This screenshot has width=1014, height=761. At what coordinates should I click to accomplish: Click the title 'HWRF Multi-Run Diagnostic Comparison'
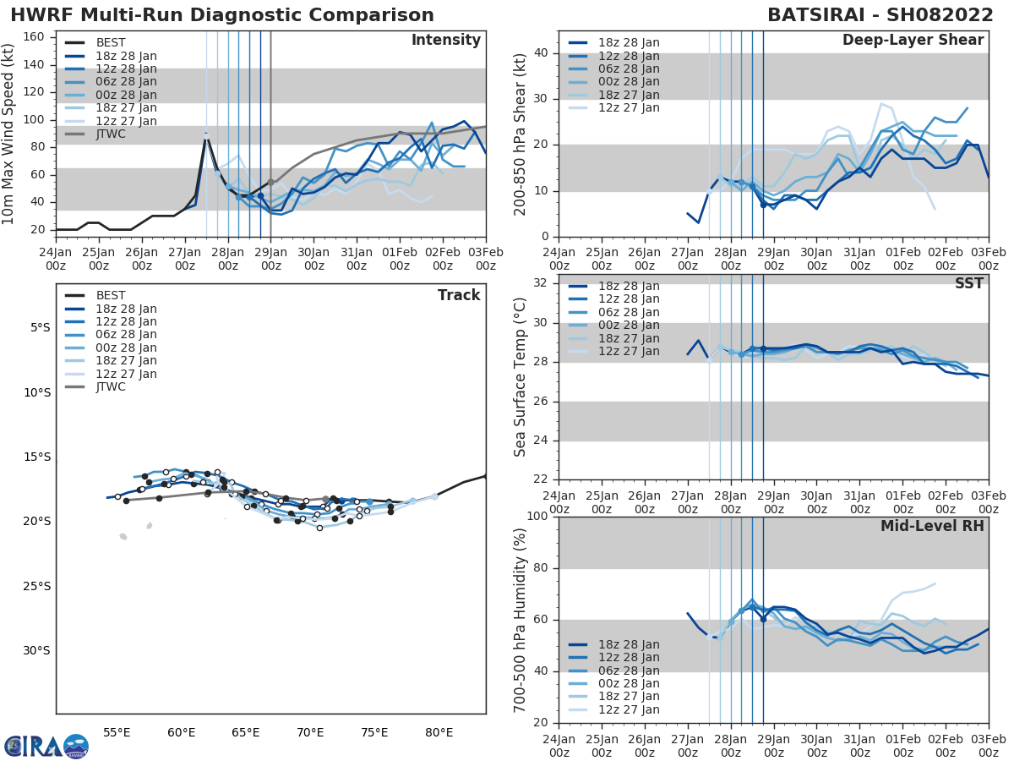pyautogui.click(x=222, y=15)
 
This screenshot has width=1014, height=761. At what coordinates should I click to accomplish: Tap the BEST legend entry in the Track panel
pyautogui.click(x=111, y=296)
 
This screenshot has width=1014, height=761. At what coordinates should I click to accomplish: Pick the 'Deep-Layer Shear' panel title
pyautogui.click(x=913, y=41)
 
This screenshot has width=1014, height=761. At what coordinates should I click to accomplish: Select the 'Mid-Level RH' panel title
pyautogui.click(x=931, y=526)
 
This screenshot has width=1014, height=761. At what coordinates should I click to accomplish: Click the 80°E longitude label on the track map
pyautogui.click(x=439, y=732)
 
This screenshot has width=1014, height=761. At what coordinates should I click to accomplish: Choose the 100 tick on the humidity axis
pyautogui.click(x=537, y=517)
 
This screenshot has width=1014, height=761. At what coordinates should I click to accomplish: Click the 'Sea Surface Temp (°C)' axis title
pyautogui.click(x=521, y=377)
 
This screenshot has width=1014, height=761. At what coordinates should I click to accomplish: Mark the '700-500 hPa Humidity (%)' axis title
pyautogui.click(x=521, y=620)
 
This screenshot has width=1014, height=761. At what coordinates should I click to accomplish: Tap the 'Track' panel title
pyautogui.click(x=458, y=295)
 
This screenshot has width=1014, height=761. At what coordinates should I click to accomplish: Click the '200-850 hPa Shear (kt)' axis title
pyautogui.click(x=521, y=134)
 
